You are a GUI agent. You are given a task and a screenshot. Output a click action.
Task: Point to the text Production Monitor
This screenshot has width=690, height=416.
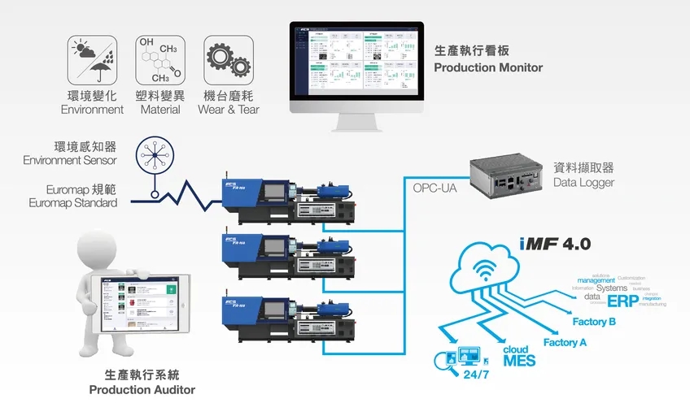pos(488,67)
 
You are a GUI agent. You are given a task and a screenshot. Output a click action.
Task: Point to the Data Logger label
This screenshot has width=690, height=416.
pos(583,183)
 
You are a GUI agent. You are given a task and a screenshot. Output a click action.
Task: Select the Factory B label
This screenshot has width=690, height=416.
pos(594,322)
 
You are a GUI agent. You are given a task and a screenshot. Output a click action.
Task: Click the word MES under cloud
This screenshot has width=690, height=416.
pos(519,360)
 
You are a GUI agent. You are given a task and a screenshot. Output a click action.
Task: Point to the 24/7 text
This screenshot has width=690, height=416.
pos(475,376)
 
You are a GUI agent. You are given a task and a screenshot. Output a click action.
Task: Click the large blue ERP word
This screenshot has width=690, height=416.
pos(623,300)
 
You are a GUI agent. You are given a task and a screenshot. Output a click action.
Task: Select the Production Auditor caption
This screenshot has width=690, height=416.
pos(142,389)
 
